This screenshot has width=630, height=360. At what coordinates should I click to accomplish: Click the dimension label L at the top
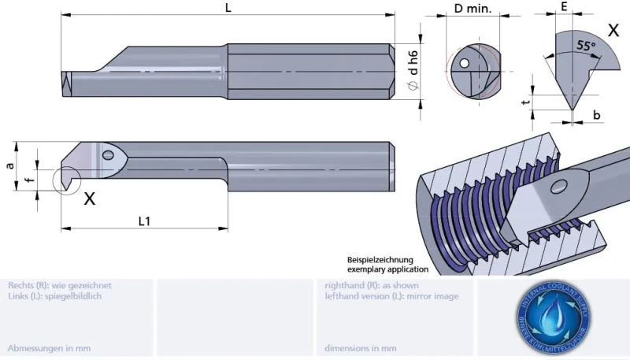[x=228, y=7]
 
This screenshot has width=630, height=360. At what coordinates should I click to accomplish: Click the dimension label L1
[x=145, y=221]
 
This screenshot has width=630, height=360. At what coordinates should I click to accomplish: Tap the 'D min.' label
[x=472, y=9]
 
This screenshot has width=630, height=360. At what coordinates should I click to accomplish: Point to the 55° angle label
[x=585, y=45]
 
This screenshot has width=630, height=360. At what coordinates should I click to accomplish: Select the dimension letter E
[x=565, y=6]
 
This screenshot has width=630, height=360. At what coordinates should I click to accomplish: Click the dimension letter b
[x=597, y=115]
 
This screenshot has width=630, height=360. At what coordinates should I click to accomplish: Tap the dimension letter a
[x=9, y=165]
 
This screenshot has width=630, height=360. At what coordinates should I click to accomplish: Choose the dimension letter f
[x=30, y=180]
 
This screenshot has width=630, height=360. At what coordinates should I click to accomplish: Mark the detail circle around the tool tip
[x=66, y=179]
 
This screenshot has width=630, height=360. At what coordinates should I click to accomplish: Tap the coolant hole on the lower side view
[x=107, y=154]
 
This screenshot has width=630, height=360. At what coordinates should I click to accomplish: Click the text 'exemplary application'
[x=387, y=269]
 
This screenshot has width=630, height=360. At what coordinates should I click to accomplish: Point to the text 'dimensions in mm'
[x=360, y=347]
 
